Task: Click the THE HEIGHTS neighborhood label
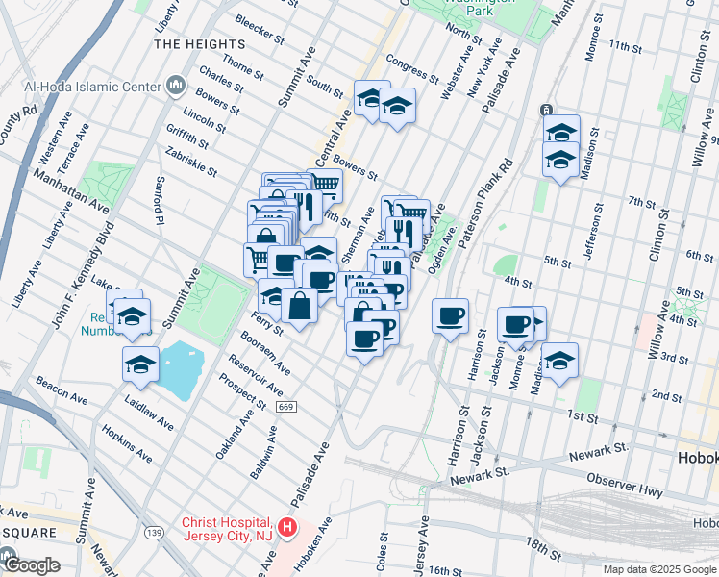click(199, 44)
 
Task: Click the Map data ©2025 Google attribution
click(658, 569)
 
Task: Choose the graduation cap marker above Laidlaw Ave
click(140, 364)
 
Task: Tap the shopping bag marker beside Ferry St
click(300, 307)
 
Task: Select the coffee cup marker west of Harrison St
click(449, 316)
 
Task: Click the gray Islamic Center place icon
click(175, 87)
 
